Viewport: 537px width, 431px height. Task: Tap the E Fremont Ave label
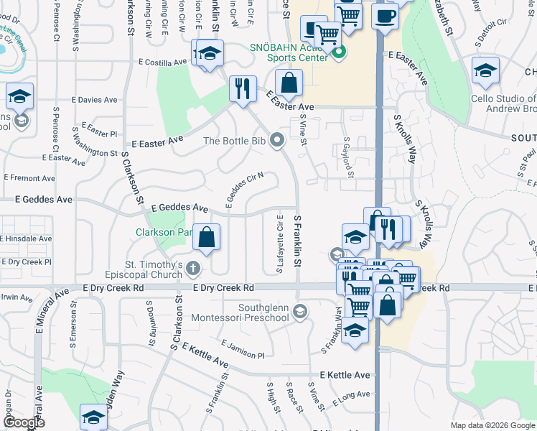(x=29, y=177)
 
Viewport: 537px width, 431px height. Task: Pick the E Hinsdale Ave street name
(x=27, y=238)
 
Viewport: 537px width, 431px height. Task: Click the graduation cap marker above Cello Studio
(x=485, y=71)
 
